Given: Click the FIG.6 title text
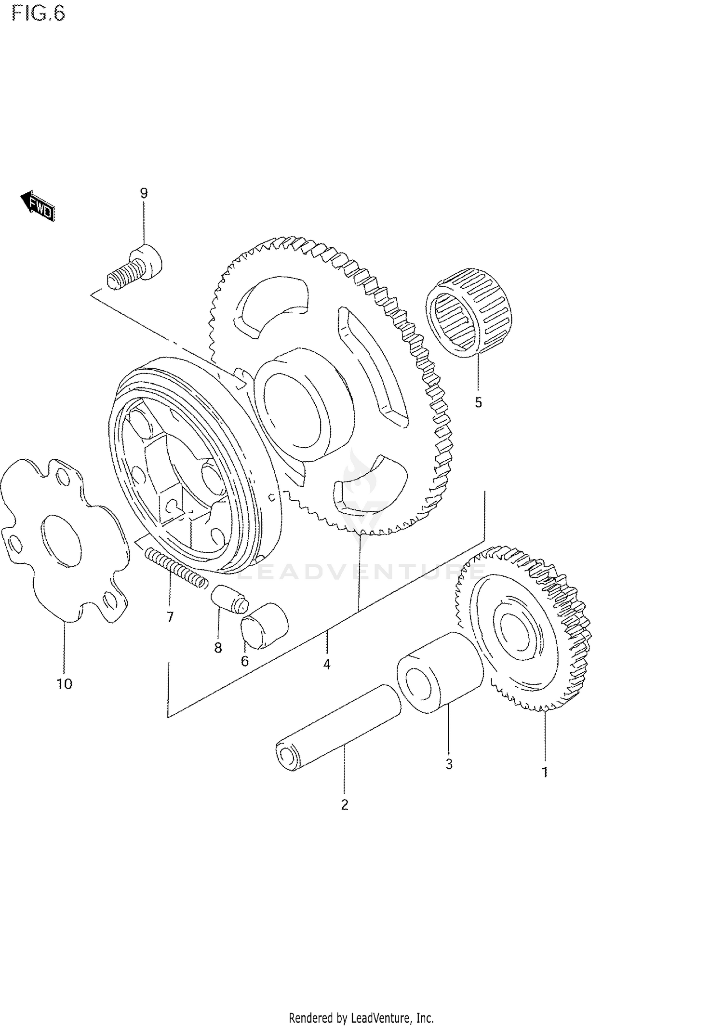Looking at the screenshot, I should click(39, 13).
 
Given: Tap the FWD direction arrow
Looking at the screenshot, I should click(38, 205).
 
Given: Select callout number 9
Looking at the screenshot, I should click(144, 193).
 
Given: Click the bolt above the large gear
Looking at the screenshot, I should click(135, 267).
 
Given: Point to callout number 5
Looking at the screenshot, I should click(478, 402).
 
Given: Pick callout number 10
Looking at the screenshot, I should click(65, 683).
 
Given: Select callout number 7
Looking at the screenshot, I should click(170, 617).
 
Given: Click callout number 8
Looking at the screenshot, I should click(218, 648).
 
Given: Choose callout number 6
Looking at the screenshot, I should click(245, 661).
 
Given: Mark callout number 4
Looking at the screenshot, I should click(327, 664).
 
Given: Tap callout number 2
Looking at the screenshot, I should click(344, 804).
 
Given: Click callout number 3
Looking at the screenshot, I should click(449, 764).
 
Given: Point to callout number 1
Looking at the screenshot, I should click(545, 772).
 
